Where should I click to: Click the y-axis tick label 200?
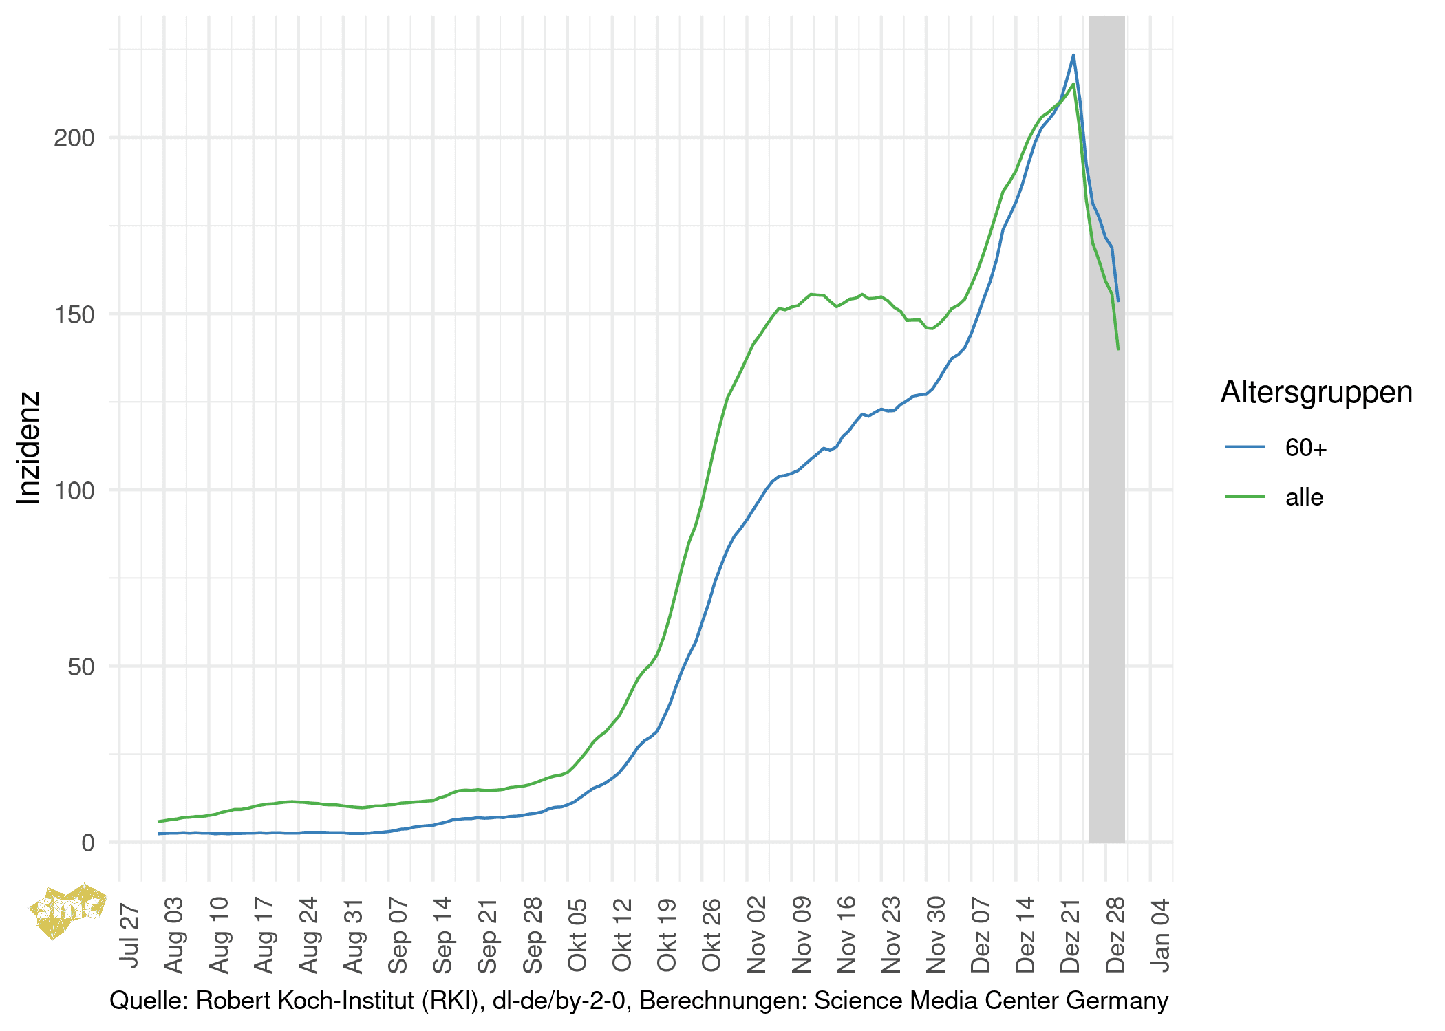pyautogui.click(x=74, y=138)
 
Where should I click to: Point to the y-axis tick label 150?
pyautogui.click(x=74, y=314)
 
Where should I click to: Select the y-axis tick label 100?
pyautogui.click(x=74, y=490)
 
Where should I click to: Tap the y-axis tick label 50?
pyautogui.click(x=81, y=666)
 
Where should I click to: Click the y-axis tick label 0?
pyautogui.click(x=87, y=843)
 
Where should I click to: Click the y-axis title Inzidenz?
pyautogui.click(x=28, y=448)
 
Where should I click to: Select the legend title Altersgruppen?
pyautogui.click(x=1316, y=392)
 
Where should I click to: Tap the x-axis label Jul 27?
pyautogui.click(x=129, y=936)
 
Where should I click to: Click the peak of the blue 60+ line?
pyautogui.click(x=1073, y=55)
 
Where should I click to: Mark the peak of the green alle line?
pyautogui.click(x=1073, y=84)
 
